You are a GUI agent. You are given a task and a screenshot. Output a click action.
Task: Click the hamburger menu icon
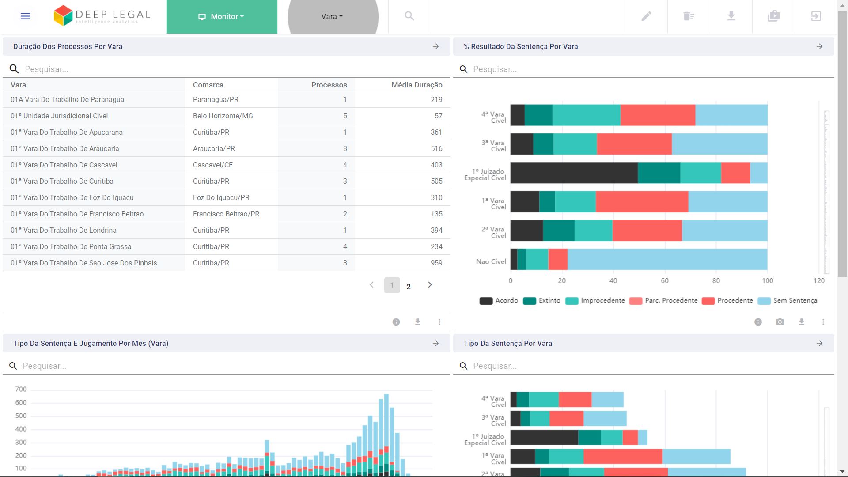coord(26,16)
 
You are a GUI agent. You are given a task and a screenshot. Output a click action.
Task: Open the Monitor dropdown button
coord(222,16)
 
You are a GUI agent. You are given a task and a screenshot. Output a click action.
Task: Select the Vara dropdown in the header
coord(332,16)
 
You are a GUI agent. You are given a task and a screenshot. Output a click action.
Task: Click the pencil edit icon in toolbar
coord(646,16)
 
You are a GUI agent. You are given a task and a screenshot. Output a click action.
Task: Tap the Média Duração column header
coord(416,85)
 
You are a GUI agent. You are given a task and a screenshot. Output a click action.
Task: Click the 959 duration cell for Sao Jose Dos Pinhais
coord(436,263)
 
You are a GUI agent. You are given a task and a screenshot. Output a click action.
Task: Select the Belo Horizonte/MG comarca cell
coord(223,116)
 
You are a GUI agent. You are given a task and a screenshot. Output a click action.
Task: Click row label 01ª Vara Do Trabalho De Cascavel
coord(64,165)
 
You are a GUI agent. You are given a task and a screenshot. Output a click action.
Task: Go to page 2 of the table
coord(409,287)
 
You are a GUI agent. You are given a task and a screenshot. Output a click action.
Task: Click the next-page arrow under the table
coord(430,285)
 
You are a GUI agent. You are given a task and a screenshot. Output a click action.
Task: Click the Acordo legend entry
coord(499,301)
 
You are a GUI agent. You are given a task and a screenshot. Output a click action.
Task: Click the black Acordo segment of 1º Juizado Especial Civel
coord(574,173)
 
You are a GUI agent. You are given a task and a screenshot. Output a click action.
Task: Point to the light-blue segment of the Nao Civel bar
coord(667,259)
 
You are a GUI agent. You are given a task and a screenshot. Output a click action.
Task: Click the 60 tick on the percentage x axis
coord(665,281)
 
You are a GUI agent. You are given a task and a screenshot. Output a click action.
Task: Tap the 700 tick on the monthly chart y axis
coord(21,389)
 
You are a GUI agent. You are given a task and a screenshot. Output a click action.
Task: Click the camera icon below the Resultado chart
coord(780,322)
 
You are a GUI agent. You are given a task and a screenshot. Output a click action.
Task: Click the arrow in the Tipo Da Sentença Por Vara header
coord(819,343)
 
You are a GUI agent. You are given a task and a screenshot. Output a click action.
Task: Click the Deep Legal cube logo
coord(63,16)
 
